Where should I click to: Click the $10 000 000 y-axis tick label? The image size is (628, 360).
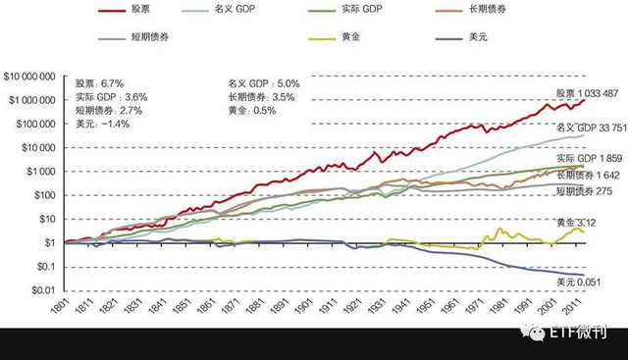coord(31,77)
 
